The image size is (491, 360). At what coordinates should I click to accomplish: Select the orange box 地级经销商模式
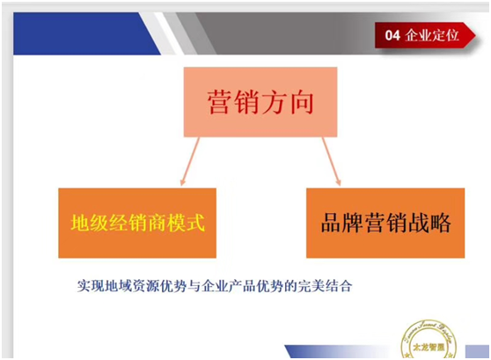point(137,222)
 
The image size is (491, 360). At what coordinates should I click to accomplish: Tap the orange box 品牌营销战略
point(385,222)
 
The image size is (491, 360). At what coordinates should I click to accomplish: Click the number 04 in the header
point(392,35)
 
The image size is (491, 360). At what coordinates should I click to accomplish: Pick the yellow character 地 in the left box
point(81,223)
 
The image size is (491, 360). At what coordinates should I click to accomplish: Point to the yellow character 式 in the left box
point(194,223)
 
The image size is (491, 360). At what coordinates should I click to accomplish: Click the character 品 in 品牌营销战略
point(330,223)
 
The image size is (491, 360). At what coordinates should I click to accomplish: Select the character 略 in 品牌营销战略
point(439,223)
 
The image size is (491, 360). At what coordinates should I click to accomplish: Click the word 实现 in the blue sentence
point(91,286)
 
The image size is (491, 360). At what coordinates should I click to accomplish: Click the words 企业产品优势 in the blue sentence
point(241,286)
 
